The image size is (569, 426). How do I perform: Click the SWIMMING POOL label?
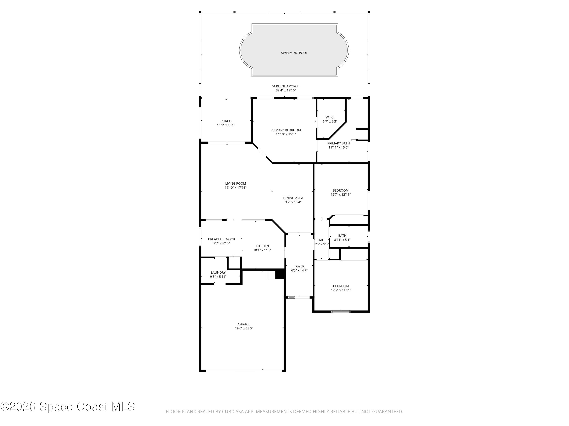[294, 53]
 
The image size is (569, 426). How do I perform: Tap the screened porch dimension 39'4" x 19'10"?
[286, 90]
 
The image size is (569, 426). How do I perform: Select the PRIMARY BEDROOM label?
[285, 130]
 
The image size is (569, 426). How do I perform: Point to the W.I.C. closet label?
[330, 117]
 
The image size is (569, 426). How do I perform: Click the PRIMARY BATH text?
[338, 143]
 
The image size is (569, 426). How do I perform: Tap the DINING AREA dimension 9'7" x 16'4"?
[293, 202]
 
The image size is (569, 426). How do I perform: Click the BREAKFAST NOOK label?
[222, 239]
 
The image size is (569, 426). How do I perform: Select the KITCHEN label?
[262, 246]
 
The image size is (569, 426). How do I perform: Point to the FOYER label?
[299, 266]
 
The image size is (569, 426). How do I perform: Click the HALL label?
[321, 240]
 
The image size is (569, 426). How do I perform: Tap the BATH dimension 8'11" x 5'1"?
[342, 240]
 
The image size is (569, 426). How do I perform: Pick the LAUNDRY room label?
[218, 272]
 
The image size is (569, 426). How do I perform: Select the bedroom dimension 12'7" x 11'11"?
[341, 290]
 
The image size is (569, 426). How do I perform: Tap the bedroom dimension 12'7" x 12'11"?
[341, 195]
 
